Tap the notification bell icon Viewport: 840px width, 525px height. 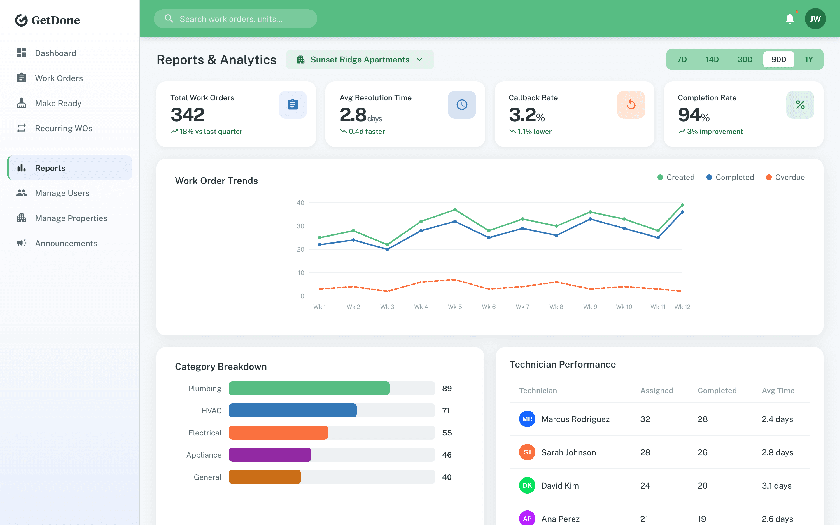[x=790, y=19]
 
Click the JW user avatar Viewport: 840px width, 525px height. [x=815, y=19]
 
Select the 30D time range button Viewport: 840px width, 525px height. [x=745, y=60]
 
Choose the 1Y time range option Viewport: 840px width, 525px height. [x=809, y=60]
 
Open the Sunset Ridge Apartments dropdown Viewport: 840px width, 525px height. [x=360, y=60]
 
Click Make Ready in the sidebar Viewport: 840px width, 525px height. [x=58, y=103]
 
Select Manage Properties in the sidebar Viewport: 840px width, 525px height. [x=71, y=218]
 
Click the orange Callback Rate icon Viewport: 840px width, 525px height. [x=631, y=104]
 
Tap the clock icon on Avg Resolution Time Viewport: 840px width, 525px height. [x=462, y=104]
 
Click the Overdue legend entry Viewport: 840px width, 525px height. [x=785, y=177]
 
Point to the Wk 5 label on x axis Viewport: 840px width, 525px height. [x=455, y=307]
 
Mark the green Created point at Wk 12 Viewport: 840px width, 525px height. [x=682, y=205]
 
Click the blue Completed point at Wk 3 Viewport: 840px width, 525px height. [x=387, y=249]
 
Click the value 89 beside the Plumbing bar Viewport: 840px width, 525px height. [x=447, y=388]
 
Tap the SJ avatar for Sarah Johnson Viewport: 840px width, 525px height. [x=527, y=452]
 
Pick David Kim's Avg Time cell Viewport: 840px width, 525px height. [x=776, y=485]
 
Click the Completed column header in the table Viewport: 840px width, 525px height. [x=717, y=390]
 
